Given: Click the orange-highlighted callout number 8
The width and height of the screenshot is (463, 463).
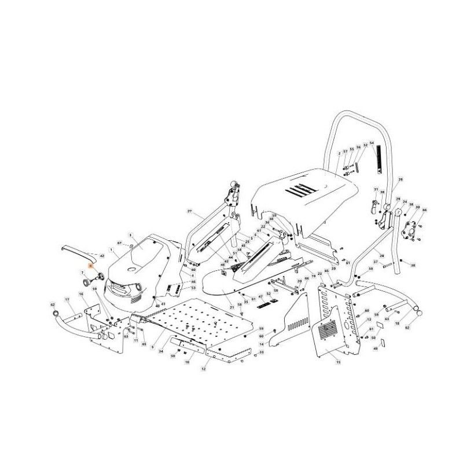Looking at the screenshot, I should point(90,264).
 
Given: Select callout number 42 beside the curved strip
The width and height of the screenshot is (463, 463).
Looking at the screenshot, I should point(102,255).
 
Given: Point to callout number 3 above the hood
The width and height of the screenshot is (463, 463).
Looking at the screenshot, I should point(131,235).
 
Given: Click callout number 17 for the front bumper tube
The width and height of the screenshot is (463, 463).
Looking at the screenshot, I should point(67,299).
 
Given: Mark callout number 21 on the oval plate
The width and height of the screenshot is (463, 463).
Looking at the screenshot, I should point(231,306).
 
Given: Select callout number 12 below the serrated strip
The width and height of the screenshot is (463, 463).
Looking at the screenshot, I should point(203,369).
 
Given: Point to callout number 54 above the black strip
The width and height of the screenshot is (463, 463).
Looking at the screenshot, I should point(372,143).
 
